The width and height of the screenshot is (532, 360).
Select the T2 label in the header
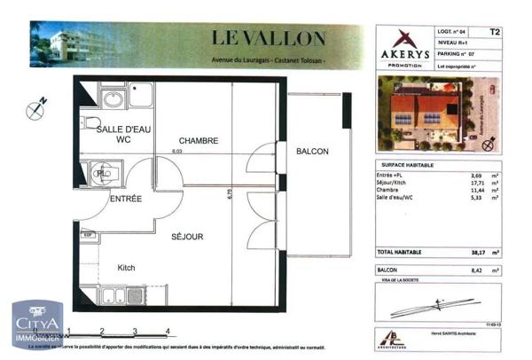pyautogui.click(x=495, y=32)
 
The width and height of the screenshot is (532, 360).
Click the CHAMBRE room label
pyautogui.click(x=198, y=142)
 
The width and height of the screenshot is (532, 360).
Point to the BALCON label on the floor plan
pyautogui.click(x=312, y=152)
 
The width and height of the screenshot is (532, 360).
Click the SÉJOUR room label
pyautogui.click(x=187, y=237)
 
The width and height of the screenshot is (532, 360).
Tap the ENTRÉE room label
pyautogui.click(x=125, y=200)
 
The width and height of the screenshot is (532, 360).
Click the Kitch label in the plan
pyautogui.click(x=127, y=267)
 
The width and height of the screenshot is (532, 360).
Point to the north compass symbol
pyautogui.click(x=36, y=110)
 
